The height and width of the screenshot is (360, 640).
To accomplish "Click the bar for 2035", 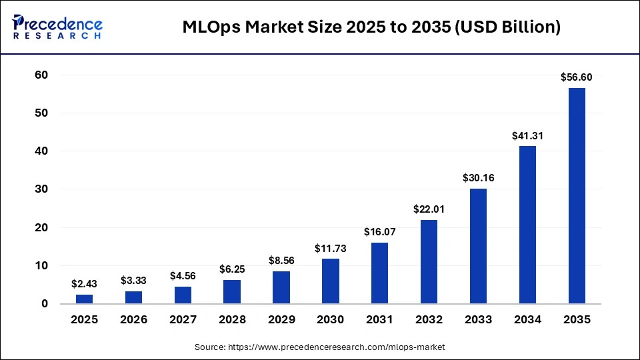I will coord(577,196).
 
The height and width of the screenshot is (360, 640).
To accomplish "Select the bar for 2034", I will coord(527,225).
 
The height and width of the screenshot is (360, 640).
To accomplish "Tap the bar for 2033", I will coord(478,246).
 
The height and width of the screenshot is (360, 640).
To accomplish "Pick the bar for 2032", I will coord(429,262).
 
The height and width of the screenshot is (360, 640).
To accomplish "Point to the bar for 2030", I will coord(330,281).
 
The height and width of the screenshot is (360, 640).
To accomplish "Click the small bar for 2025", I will coord(85,299).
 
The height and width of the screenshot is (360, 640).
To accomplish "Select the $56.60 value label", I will coord(577,77).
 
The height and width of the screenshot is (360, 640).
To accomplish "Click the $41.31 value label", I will coord(527,135).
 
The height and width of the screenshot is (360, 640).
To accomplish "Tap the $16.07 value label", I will coord(379,232).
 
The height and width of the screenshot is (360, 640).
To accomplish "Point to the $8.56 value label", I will coord(281,261).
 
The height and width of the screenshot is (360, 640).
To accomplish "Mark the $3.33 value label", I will coord(134,281).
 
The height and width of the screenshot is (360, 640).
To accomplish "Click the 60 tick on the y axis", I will coord(41,75).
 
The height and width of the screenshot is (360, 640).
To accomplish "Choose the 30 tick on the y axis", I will coord(41,189).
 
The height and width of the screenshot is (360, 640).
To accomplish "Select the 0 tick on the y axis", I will coord(45,304).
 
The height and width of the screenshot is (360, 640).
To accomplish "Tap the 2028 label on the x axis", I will coord(232,320).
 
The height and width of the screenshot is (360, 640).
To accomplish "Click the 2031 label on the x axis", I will coord(379,320).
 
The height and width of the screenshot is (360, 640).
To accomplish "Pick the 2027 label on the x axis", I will coord(183,320).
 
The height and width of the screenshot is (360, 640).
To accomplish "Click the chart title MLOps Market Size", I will coord(371,27).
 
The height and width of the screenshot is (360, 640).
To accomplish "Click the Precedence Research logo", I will coord(57,27).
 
